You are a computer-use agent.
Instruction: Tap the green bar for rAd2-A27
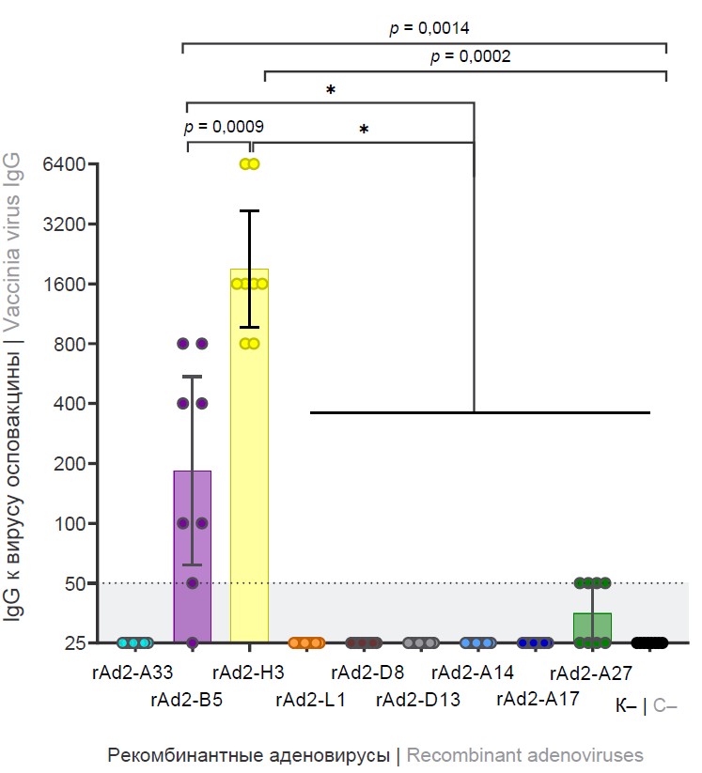[x=592, y=628]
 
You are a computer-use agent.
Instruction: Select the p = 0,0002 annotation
[x=470, y=57]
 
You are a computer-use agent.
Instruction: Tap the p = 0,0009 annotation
[x=223, y=127]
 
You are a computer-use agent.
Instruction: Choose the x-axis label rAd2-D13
[x=418, y=700]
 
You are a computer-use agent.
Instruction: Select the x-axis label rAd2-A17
[x=537, y=700]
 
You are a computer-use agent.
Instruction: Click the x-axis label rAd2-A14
[x=473, y=673]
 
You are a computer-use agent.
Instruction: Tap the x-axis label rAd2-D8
[x=367, y=673]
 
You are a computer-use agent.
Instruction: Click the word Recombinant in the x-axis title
[x=454, y=755]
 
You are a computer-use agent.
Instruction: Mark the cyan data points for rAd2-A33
[x=134, y=643]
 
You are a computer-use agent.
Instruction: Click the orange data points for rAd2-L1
[x=306, y=643]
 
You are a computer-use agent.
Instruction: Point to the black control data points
[x=649, y=643]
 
